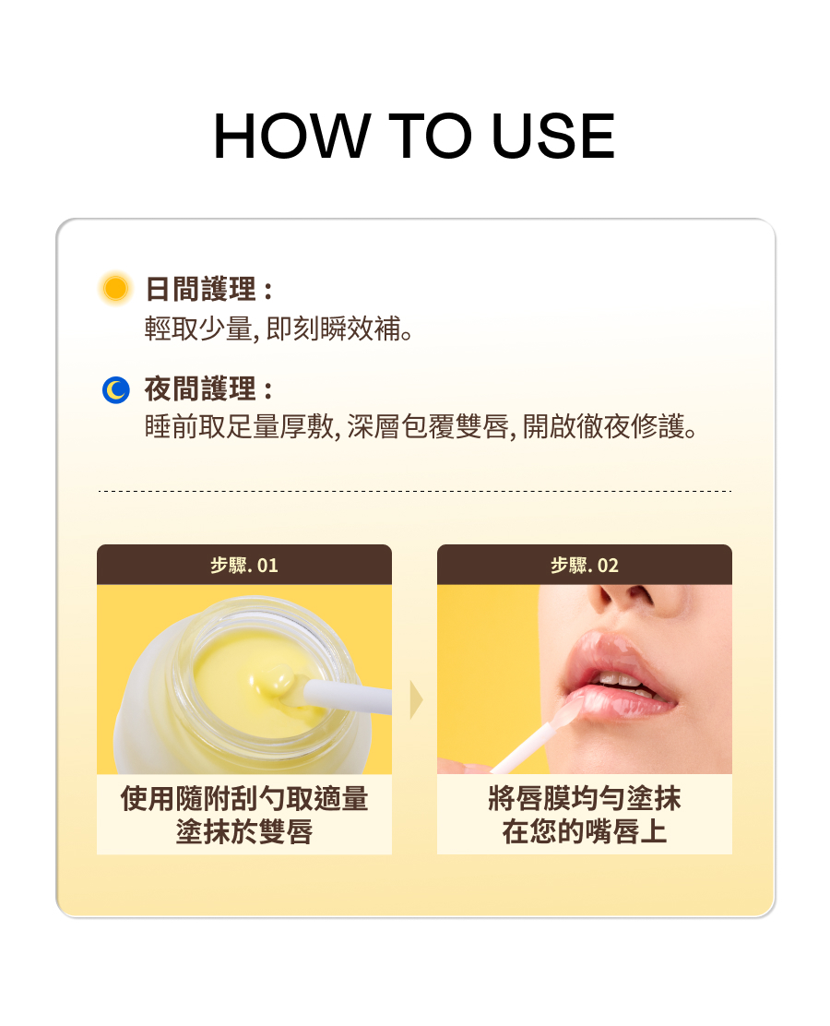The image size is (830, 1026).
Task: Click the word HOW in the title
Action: (x=291, y=137)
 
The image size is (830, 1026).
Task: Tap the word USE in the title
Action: (x=553, y=137)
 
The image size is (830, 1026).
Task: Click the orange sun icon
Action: (x=116, y=288)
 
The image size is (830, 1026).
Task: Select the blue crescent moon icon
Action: (x=116, y=389)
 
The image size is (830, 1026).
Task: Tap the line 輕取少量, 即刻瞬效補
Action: (x=279, y=328)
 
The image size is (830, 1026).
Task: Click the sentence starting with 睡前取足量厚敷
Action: (x=421, y=426)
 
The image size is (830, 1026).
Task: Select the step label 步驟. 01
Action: (x=244, y=565)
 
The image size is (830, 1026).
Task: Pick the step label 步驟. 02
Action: (x=585, y=565)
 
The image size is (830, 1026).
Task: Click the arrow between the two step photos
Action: (x=416, y=699)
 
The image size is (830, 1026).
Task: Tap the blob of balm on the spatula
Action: (x=273, y=681)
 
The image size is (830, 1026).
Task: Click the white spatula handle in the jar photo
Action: (x=347, y=697)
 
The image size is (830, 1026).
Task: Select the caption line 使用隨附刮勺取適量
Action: (x=244, y=798)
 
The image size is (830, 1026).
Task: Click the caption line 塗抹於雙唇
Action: (x=244, y=831)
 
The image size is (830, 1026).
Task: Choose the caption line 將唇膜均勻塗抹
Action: (x=585, y=798)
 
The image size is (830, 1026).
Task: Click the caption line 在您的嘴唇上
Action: (x=585, y=831)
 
